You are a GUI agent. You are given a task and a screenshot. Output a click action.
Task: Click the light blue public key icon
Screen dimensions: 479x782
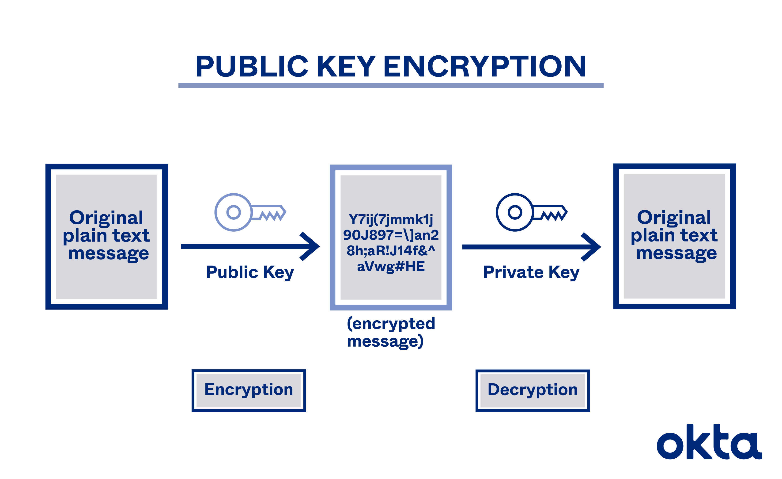(x=250, y=212)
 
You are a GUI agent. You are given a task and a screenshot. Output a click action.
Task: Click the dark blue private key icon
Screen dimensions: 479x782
(x=531, y=212)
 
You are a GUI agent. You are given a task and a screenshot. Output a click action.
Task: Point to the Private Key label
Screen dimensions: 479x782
(x=531, y=272)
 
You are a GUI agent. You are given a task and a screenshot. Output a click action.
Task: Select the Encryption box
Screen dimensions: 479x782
(x=249, y=390)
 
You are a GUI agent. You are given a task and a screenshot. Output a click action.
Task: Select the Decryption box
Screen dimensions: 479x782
(x=533, y=390)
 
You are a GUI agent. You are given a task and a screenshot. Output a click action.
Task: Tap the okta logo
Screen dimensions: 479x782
(x=709, y=443)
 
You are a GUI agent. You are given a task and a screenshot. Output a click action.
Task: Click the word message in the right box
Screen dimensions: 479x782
(x=676, y=253)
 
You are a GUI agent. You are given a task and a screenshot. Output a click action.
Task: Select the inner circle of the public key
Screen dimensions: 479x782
(x=234, y=212)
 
